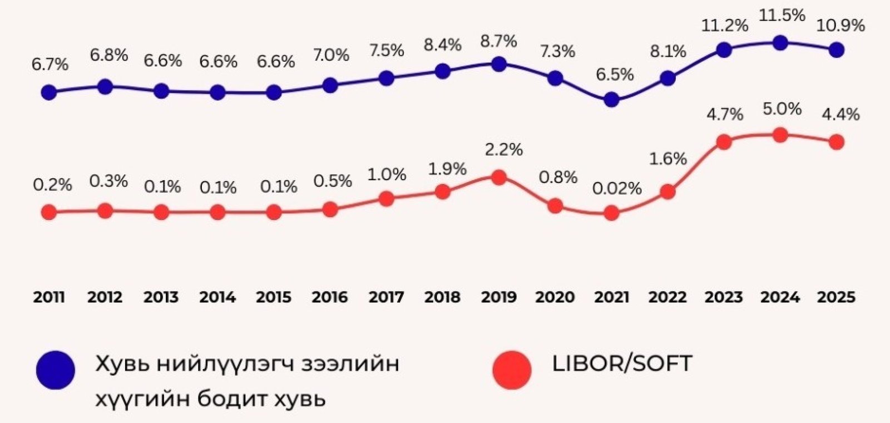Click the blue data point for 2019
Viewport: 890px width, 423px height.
tap(499, 64)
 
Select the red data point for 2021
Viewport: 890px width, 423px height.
tap(611, 213)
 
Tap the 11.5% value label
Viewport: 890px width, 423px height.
tap(782, 16)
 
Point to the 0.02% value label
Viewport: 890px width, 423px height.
tap(617, 189)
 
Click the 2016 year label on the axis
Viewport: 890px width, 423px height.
tap(329, 297)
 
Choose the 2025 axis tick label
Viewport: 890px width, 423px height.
tap(836, 297)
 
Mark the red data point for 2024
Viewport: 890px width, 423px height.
tap(780, 135)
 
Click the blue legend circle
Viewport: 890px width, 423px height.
tap(56, 370)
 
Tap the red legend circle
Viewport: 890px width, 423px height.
tap(512, 370)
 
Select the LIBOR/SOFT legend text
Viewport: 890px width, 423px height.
tap(622, 364)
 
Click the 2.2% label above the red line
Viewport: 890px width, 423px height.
tap(503, 150)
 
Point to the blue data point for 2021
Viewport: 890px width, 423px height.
tap(611, 100)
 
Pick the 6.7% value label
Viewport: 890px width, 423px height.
tap(50, 65)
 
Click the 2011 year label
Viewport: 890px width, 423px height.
tap(49, 297)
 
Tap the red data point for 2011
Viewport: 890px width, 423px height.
tap(49, 212)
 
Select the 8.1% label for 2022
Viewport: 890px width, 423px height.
tap(668, 52)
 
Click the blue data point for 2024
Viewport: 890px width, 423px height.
tap(780, 42)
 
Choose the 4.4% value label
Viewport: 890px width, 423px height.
tap(840, 115)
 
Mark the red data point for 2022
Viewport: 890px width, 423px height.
tap(668, 192)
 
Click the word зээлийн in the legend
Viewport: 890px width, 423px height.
tap(350, 364)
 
